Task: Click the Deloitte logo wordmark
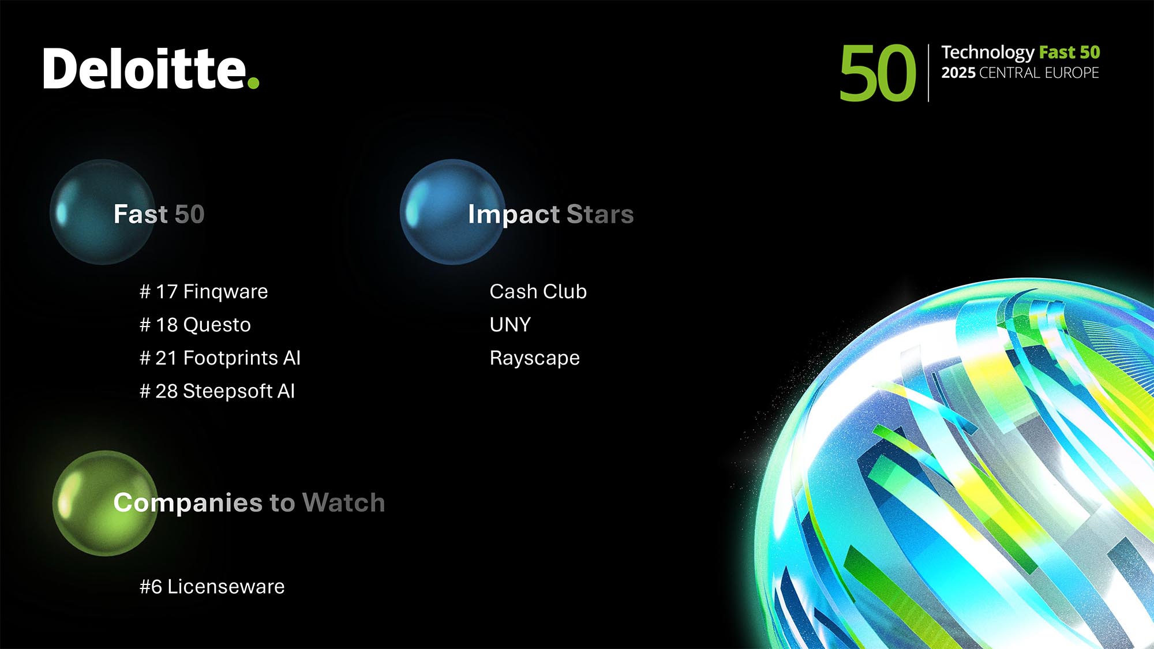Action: (151, 69)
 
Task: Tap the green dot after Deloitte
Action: (253, 83)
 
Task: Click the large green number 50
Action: (878, 73)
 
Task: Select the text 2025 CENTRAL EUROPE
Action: (1020, 73)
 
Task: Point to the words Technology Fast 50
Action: (1021, 52)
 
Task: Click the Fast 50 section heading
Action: (159, 214)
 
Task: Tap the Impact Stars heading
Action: (551, 215)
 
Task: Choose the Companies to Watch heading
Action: (249, 503)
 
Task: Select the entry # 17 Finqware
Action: (204, 292)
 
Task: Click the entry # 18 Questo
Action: (195, 325)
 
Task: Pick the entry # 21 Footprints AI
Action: (220, 358)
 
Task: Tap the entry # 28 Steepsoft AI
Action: (217, 391)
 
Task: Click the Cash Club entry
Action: (538, 292)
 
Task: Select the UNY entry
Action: (510, 325)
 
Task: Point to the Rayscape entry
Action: (535, 358)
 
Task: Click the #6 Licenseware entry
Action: (212, 587)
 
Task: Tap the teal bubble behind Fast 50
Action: (102, 212)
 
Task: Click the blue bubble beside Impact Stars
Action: (452, 212)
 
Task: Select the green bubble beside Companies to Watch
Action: (105, 503)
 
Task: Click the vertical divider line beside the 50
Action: (928, 73)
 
